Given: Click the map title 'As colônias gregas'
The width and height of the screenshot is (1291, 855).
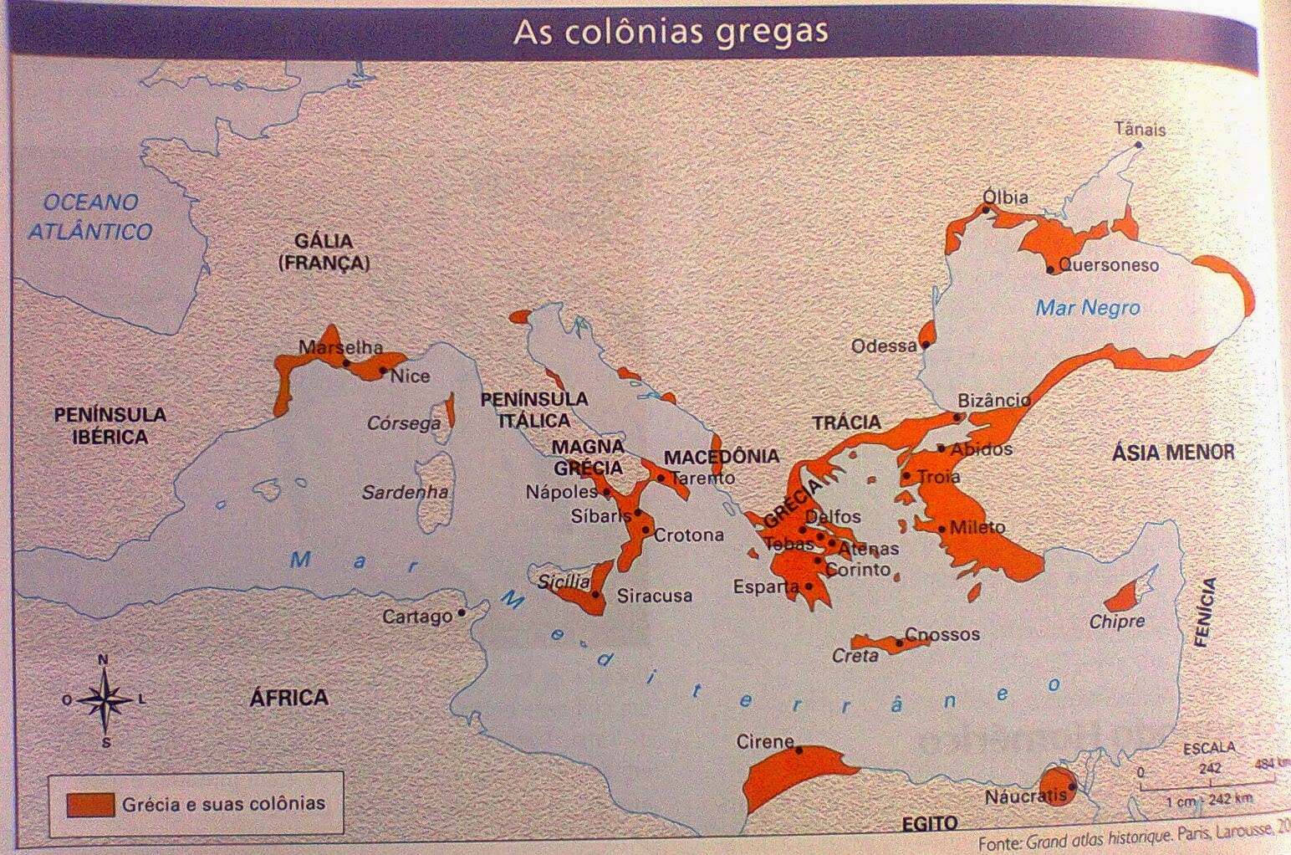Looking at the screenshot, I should pyautogui.click(x=670, y=32).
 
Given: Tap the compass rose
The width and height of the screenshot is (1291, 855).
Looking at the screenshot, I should pyautogui.click(x=105, y=700).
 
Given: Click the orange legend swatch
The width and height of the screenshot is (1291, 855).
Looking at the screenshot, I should pyautogui.click(x=90, y=804).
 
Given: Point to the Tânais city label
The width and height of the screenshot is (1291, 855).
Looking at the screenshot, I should pyautogui.click(x=1140, y=130).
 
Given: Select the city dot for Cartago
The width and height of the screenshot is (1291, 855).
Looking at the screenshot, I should pyautogui.click(x=462, y=612).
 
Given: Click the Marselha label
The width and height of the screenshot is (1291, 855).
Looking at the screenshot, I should pyautogui.click(x=340, y=347).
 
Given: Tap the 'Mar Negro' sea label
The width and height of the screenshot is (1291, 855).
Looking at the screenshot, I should pyautogui.click(x=1087, y=308).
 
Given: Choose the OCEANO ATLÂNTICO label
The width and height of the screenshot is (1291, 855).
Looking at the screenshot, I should pyautogui.click(x=90, y=217).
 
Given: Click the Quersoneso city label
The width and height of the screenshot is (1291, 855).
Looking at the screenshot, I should pyautogui.click(x=1109, y=265).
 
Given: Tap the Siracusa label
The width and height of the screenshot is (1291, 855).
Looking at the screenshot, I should pyautogui.click(x=654, y=596).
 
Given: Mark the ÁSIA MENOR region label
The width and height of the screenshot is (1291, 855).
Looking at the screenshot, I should pyautogui.click(x=1172, y=453).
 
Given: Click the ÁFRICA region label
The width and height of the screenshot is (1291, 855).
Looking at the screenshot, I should pyautogui.click(x=288, y=698).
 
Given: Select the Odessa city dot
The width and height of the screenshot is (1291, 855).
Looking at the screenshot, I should pyautogui.click(x=926, y=344).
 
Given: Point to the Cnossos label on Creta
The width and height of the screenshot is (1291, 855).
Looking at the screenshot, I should pyautogui.click(x=942, y=634).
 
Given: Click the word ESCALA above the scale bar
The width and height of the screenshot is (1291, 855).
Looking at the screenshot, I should pyautogui.click(x=1209, y=747).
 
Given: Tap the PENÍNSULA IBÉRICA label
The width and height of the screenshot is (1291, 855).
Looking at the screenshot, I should pyautogui.click(x=110, y=425).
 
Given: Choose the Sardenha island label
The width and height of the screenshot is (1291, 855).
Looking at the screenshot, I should pyautogui.click(x=405, y=493).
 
